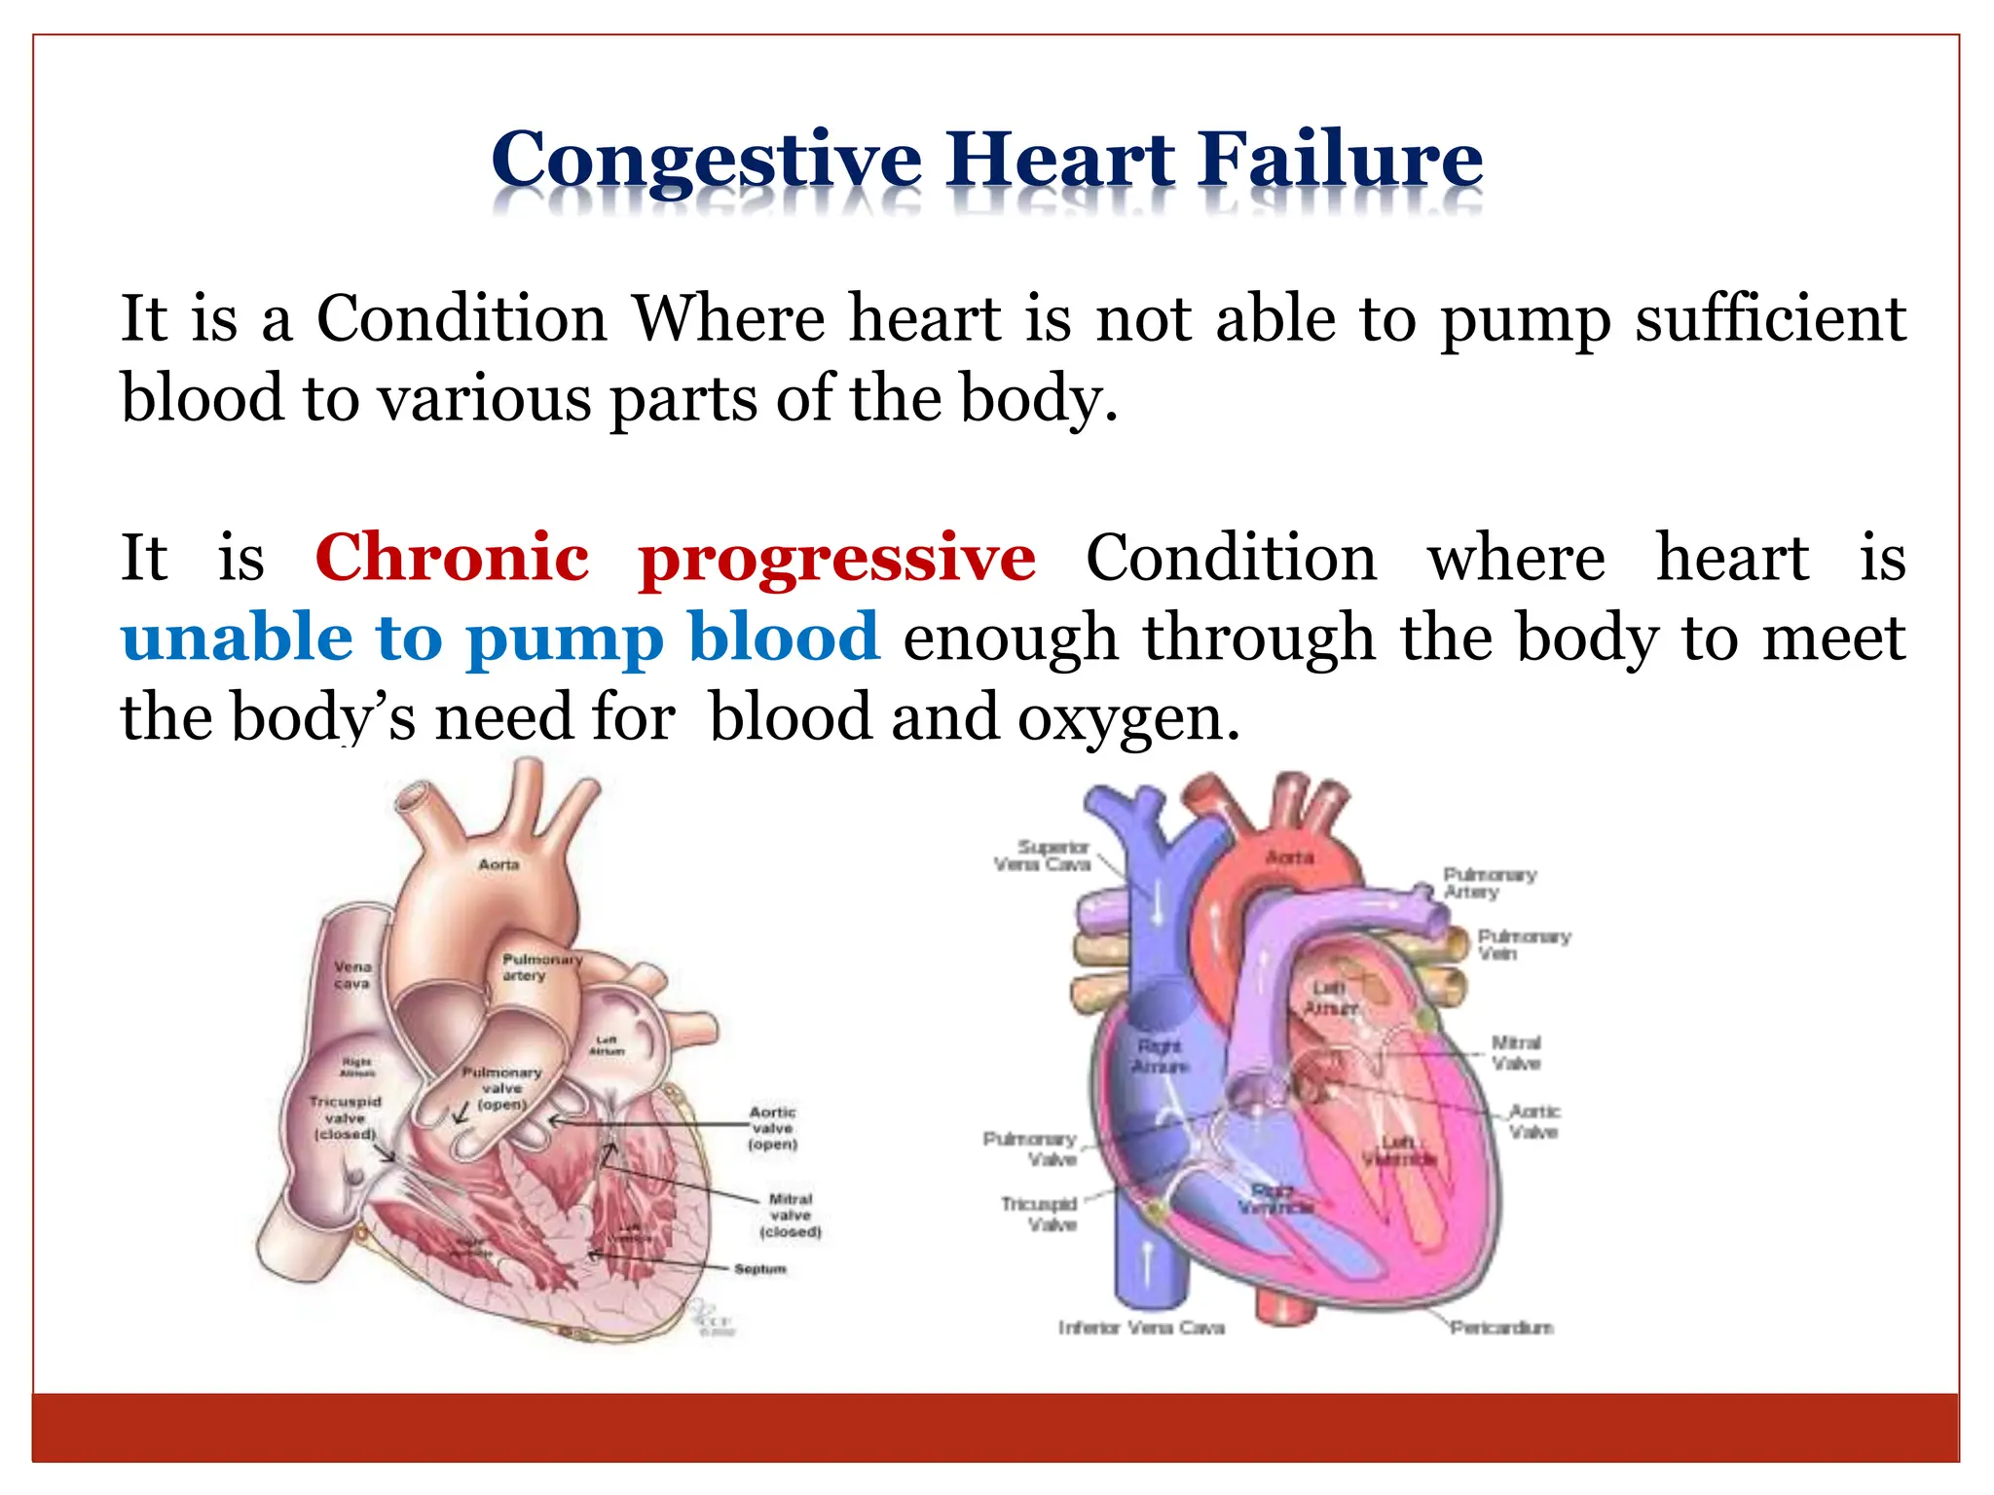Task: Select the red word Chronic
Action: coord(453,558)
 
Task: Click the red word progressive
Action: coord(837,560)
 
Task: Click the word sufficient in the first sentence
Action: coord(1770,318)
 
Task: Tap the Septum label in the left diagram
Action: coord(759,1269)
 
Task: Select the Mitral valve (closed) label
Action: coord(791,1216)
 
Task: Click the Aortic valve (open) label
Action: coord(773,1128)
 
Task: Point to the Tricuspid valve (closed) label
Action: coord(345,1118)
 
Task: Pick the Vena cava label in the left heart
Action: coord(352,975)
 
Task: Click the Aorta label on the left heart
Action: coord(498,864)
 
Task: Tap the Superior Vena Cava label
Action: coord(1044,856)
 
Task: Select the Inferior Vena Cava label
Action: coord(1141,1328)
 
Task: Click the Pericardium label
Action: coord(1501,1328)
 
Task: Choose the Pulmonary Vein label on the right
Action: coord(1523,945)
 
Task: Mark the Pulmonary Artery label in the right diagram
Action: coord(1489,883)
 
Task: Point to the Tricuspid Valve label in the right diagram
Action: coord(1039,1214)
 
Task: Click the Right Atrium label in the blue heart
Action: coord(1160,1056)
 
